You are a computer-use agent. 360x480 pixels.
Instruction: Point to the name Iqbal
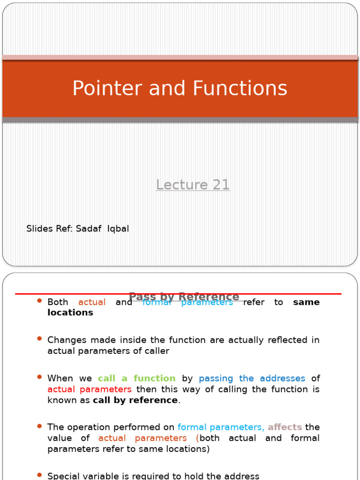(118, 229)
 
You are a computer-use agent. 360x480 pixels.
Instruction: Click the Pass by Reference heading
(184, 297)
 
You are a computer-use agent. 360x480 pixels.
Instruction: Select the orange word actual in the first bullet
(92, 302)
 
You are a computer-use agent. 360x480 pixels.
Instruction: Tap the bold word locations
(70, 313)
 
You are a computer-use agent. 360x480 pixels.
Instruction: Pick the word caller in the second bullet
(156, 351)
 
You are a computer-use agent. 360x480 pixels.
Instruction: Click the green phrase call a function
(136, 378)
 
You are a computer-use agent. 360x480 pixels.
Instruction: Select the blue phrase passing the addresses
(252, 378)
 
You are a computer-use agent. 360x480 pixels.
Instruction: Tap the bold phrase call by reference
(135, 400)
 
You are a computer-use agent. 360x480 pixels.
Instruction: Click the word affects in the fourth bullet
(285, 427)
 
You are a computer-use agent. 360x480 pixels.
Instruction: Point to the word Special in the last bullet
(62, 476)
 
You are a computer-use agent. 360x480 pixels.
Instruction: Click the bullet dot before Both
(39, 300)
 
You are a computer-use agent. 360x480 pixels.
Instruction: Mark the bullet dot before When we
(39, 376)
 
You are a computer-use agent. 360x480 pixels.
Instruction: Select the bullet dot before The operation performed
(39, 426)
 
